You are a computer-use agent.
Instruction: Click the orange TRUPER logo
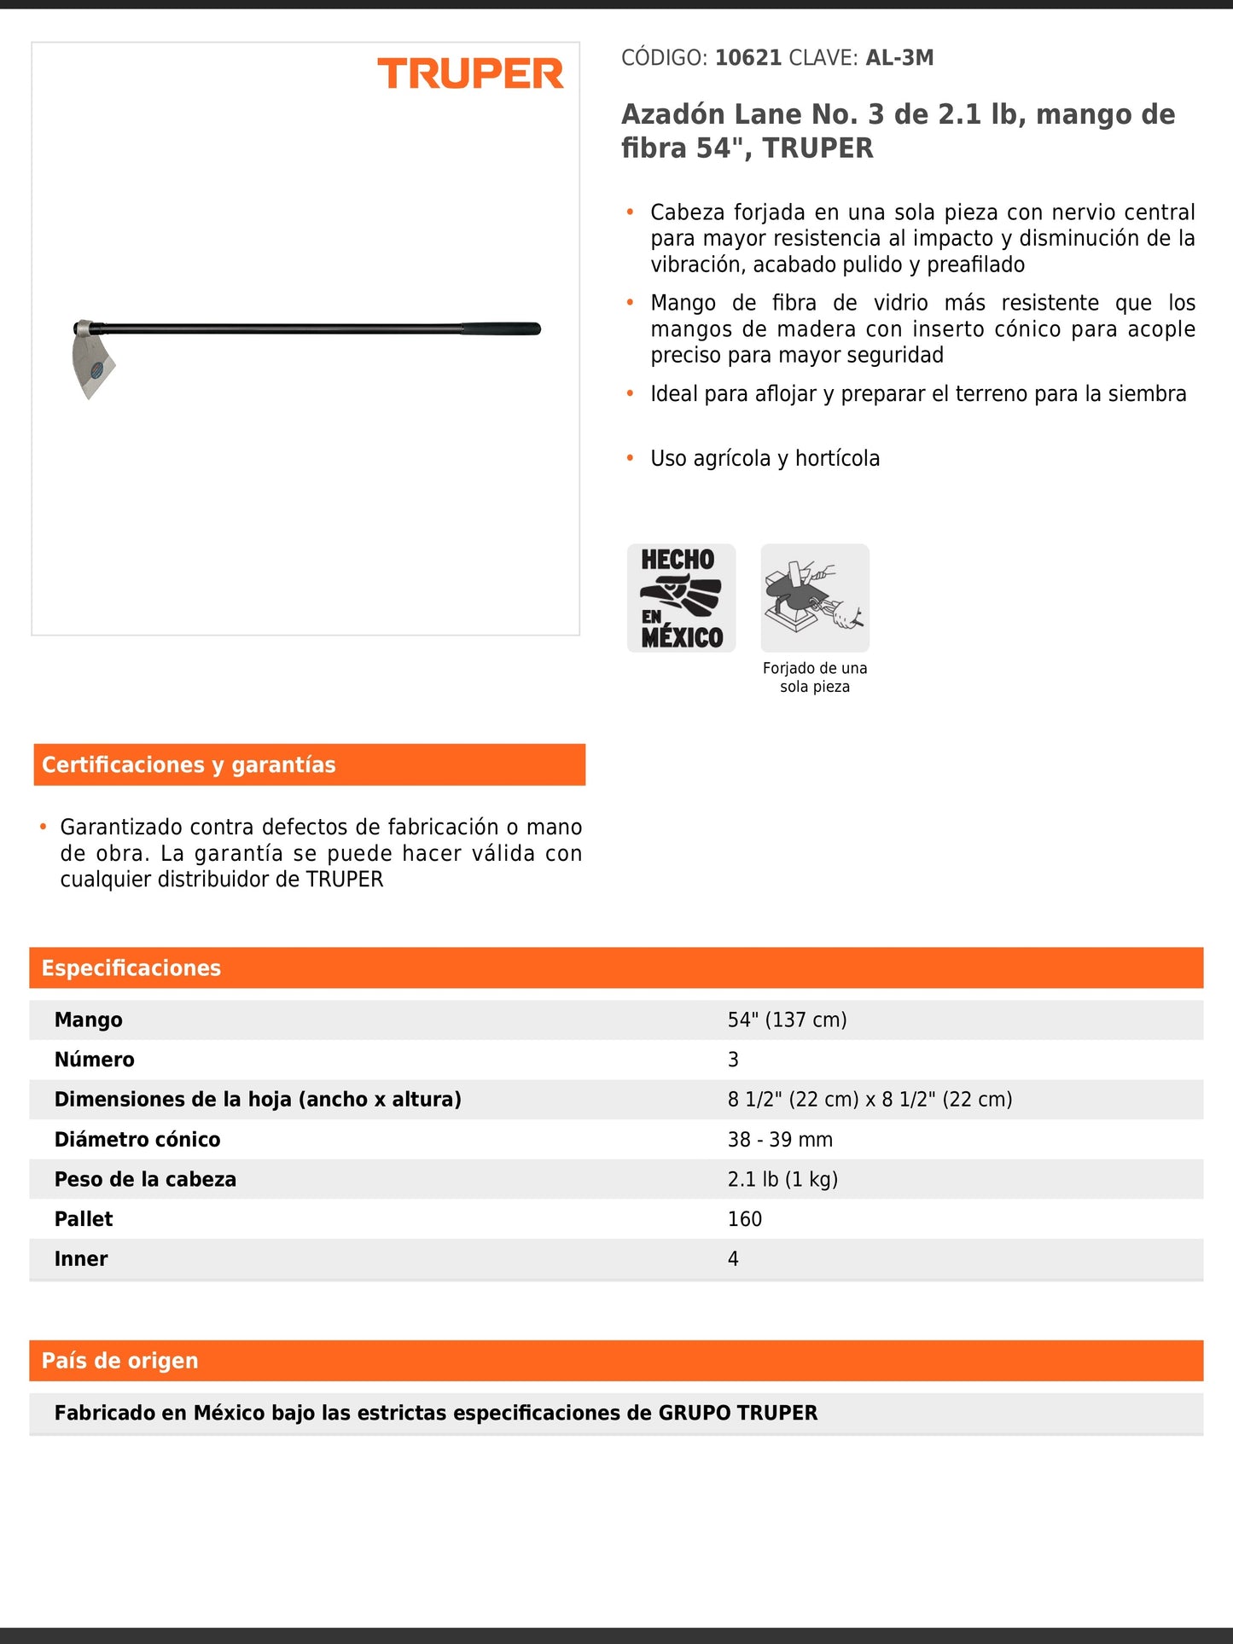(470, 74)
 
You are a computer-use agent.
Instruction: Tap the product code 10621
(747, 58)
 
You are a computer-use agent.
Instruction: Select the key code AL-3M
(899, 58)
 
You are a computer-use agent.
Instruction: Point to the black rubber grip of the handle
(501, 329)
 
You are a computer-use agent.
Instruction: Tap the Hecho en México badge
(681, 598)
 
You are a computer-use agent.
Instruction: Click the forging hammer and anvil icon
(815, 598)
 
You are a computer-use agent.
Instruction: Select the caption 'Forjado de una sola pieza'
(815, 677)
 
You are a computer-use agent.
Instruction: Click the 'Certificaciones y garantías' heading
(189, 764)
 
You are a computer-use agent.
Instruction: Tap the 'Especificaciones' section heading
(131, 968)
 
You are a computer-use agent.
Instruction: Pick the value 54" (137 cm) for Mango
(787, 1020)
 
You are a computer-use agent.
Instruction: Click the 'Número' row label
(95, 1060)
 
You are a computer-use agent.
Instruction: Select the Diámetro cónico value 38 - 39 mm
(780, 1140)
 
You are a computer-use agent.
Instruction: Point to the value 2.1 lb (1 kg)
(782, 1179)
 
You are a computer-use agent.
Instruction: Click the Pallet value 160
(745, 1219)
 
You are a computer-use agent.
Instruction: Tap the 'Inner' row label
(81, 1259)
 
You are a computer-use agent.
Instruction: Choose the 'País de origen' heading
(120, 1361)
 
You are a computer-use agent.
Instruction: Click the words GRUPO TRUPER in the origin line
(738, 1414)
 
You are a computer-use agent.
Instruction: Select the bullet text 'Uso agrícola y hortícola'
(765, 459)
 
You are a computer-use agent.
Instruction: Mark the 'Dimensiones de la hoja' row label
(258, 1100)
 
